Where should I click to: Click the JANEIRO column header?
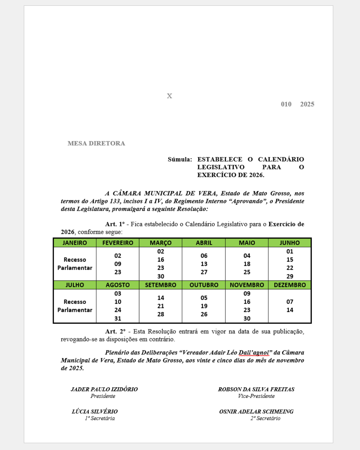point(75,243)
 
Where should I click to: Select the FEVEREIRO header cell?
point(118,243)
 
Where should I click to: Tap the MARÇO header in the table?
point(161,243)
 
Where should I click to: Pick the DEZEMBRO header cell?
point(290,285)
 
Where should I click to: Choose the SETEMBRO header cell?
point(161,285)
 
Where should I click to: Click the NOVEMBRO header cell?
point(247,285)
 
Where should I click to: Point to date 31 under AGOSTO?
point(118,318)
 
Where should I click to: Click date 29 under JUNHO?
point(290,276)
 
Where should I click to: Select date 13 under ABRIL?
point(204,264)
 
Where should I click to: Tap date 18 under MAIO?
point(247,264)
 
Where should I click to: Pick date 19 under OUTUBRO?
point(204,306)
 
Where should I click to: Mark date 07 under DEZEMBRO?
point(290,302)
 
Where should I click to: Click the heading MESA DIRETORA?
point(96,143)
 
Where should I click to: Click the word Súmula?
point(180,159)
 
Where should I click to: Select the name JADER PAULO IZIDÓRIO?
point(104,389)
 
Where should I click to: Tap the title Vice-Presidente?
point(256,396)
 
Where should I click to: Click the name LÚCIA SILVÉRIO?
point(95,411)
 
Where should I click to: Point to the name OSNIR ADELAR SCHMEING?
point(256,411)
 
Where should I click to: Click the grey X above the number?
point(169,96)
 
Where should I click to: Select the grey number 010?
point(286,104)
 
